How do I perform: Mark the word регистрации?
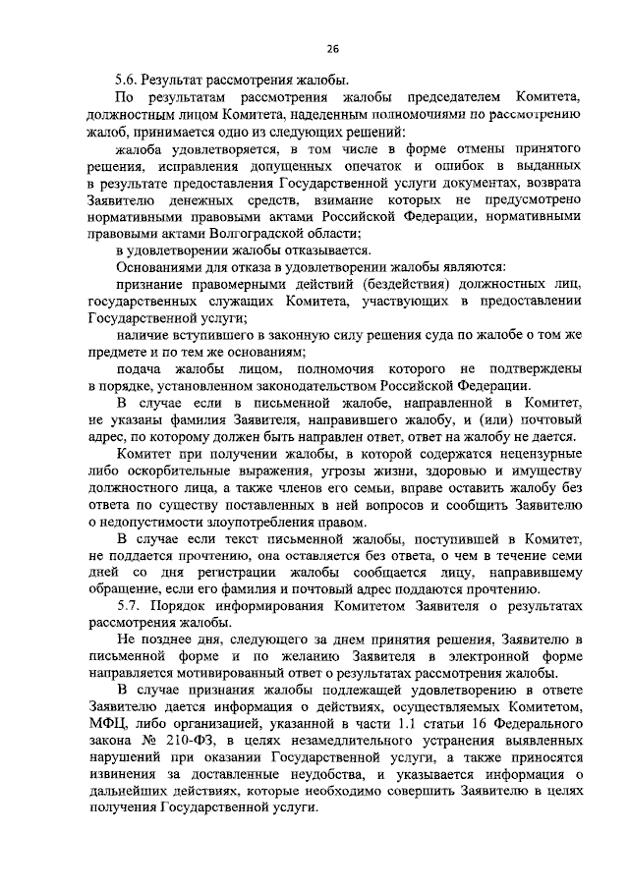coord(243,572)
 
